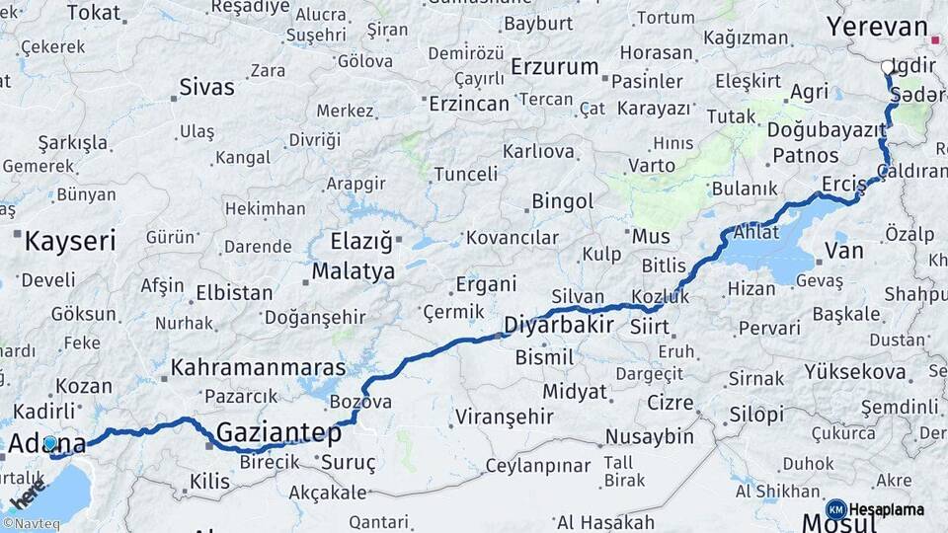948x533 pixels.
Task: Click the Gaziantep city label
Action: [278, 432]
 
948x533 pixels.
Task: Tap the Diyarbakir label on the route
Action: [553, 325]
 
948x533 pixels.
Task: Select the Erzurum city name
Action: [555, 67]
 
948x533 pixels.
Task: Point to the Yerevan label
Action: [877, 27]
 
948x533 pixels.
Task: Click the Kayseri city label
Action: [70, 240]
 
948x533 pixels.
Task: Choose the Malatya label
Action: [353, 270]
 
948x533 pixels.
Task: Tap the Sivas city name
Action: [206, 87]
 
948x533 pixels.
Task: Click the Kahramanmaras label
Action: [258, 367]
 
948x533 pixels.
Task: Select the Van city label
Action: [843, 251]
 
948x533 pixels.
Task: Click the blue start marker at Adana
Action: [50, 443]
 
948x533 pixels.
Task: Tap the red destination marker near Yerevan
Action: [935, 40]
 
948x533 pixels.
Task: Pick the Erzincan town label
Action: [469, 103]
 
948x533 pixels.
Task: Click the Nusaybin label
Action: [649, 436]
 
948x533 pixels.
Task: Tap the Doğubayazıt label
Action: [826, 129]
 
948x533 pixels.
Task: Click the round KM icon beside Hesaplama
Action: [835, 509]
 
